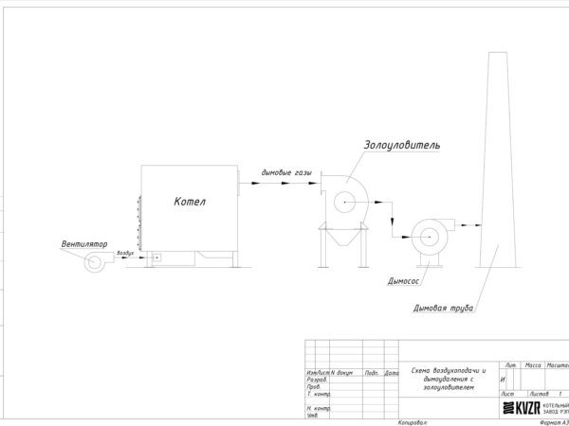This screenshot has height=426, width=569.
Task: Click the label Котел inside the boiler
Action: point(190,201)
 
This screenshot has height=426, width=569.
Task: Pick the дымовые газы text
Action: point(285,173)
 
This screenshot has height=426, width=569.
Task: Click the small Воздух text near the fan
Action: point(125,254)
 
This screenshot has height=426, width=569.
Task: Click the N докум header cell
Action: point(340,373)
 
